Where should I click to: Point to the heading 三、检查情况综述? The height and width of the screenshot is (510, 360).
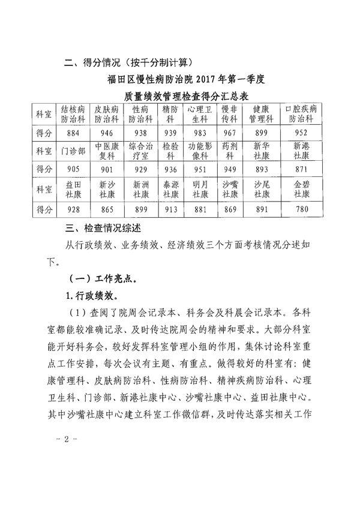pos(106,229)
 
